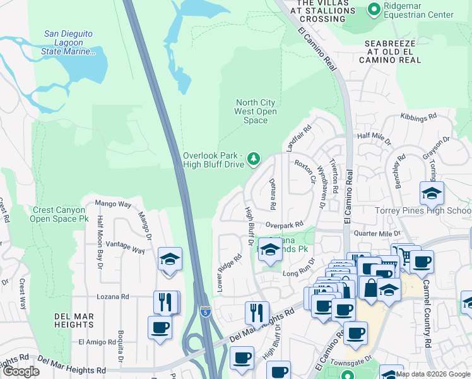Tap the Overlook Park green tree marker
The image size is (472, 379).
(x=254, y=158)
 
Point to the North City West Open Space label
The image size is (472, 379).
(x=256, y=111)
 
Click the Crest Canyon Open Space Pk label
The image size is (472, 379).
(x=59, y=214)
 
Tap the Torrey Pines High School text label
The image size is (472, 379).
(x=432, y=210)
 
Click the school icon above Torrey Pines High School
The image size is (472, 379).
(x=432, y=193)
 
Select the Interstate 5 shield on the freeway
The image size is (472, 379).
(x=204, y=311)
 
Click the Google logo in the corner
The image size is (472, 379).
(x=21, y=371)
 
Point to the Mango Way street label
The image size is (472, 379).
(x=113, y=204)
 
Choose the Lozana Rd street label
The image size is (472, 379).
(x=112, y=296)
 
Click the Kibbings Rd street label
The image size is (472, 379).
(x=418, y=117)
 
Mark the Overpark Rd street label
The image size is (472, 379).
(x=285, y=224)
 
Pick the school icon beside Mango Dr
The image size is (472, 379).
(x=170, y=260)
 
